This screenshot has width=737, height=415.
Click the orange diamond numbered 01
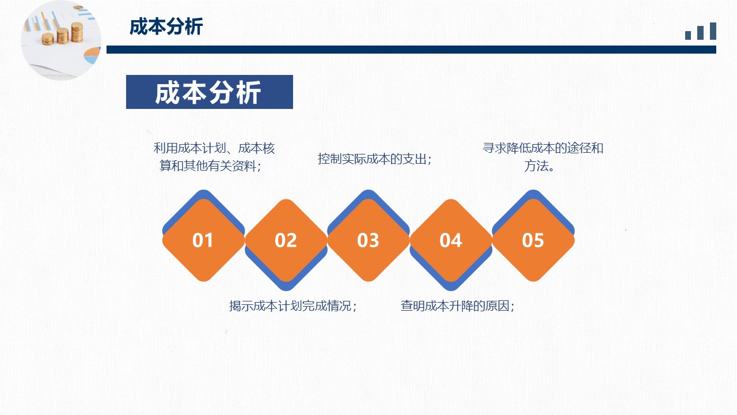pyautogui.click(x=204, y=240)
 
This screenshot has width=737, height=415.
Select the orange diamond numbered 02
pyautogui.click(x=286, y=240)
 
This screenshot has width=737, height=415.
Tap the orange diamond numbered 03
pyautogui.click(x=368, y=240)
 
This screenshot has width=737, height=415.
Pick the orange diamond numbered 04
pyautogui.click(x=451, y=240)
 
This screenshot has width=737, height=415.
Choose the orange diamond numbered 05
pyautogui.click(x=533, y=240)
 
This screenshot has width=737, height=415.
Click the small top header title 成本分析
pyautogui.click(x=166, y=27)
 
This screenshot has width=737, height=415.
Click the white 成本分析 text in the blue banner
pyautogui.click(x=208, y=93)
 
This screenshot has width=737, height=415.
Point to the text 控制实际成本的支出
pyautogui.click(x=372, y=159)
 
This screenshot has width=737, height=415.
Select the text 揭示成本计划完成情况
pyautogui.click(x=290, y=306)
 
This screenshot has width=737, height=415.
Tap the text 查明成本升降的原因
pyautogui.click(x=455, y=306)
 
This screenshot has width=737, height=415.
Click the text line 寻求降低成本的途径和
pyautogui.click(x=543, y=148)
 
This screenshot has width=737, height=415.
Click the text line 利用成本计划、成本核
pyautogui.click(x=214, y=148)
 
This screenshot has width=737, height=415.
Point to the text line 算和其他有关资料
pyautogui.click(x=208, y=165)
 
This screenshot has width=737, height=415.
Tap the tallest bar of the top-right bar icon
pyautogui.click(x=713, y=31)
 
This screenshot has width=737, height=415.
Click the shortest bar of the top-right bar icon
pyautogui.click(x=688, y=35)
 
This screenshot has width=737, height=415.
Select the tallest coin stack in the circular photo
pyautogui.click(x=77, y=32)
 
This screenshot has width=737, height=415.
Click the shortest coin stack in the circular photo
pyautogui.click(x=48, y=39)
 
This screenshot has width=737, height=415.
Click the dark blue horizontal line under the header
pyautogui.click(x=411, y=50)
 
